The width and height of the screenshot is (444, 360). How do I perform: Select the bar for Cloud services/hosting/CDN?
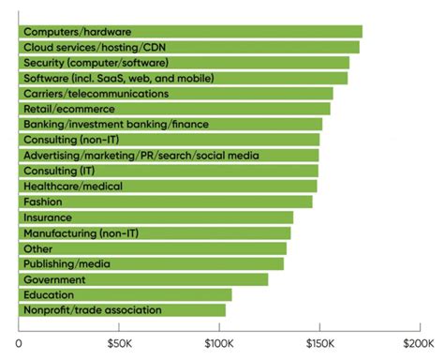pos(188,47)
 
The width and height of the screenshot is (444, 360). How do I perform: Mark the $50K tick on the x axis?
pos(119,342)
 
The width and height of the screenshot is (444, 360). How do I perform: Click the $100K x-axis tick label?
pos(219,342)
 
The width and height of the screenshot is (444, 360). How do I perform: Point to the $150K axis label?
pos(319,342)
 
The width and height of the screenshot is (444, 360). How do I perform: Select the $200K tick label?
pos(419,342)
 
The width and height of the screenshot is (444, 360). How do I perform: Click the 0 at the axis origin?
pos(19,342)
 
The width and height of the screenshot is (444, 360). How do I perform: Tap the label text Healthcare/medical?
pos(73,187)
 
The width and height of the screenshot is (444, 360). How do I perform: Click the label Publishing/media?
pos(67,263)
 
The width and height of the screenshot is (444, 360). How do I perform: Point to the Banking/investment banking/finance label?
pos(115,125)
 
